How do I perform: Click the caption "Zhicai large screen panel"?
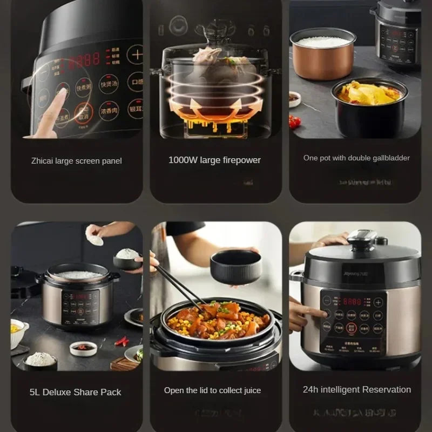pos(76,160)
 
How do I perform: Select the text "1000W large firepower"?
pos(214,160)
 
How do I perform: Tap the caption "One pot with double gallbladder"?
pos(356,158)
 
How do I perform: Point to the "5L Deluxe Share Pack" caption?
pos(76,392)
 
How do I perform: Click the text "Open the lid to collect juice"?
pos(212,390)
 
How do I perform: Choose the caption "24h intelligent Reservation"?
pos(357,389)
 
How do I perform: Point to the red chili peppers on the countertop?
pos(122,341)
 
